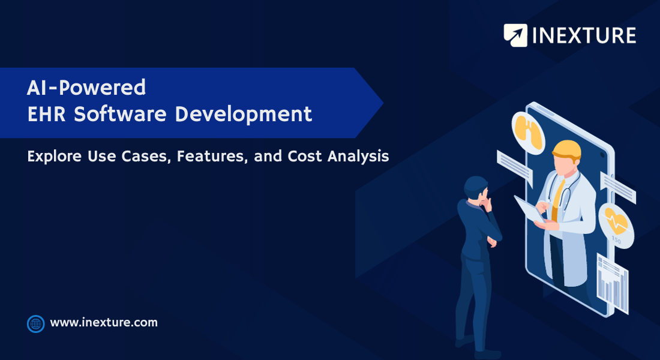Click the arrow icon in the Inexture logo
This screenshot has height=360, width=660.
pos(515,35)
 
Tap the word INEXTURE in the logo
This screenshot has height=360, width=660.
pos(584,35)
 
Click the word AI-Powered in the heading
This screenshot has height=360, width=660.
pos(86,88)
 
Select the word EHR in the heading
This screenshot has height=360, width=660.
pos(46,114)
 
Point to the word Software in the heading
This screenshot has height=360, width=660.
pos(121,114)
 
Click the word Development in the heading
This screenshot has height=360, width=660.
pos(244,115)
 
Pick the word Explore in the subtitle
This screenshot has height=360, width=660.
pos(54,156)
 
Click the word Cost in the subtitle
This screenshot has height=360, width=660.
pos(305,156)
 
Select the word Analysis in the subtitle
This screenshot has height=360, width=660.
pos(358,157)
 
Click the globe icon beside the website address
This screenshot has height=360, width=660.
pos(36,324)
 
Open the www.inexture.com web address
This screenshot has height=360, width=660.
pos(104,323)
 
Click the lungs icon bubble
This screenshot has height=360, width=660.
pos(528,132)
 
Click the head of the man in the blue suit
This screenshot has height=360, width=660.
pos(476,187)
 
